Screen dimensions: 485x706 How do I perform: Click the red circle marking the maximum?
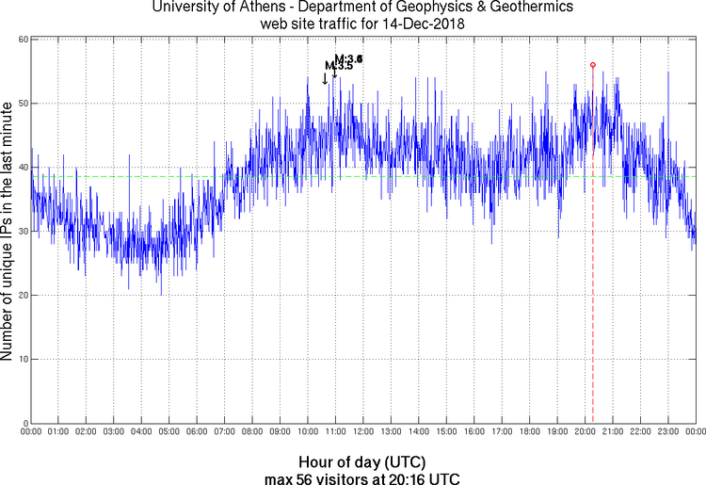[593, 65]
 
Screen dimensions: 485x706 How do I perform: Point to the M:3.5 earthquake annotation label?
[339, 66]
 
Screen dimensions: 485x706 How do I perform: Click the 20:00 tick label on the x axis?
[585, 432]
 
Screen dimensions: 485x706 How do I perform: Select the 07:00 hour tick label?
[224, 432]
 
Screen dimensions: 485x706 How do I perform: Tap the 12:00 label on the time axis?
[362, 432]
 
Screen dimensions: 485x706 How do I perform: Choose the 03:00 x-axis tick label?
[113, 432]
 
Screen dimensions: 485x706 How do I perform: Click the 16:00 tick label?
[473, 432]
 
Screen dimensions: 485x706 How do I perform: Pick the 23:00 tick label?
[667, 432]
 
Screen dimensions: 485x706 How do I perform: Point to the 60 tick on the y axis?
[21, 40]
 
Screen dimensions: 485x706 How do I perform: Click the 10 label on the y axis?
[21, 359]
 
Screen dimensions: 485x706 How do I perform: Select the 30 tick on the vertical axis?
[21, 232]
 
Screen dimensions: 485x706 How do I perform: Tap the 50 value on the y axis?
[21, 104]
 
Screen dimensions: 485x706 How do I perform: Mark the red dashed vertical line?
[593, 283]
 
